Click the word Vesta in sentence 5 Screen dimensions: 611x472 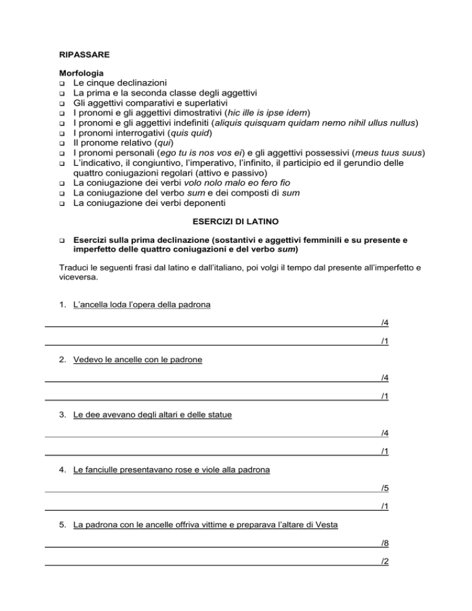(x=327, y=526)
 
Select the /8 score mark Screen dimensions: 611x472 (x=384, y=543)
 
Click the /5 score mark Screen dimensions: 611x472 (x=384, y=488)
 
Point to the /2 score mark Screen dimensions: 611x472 (x=384, y=561)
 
